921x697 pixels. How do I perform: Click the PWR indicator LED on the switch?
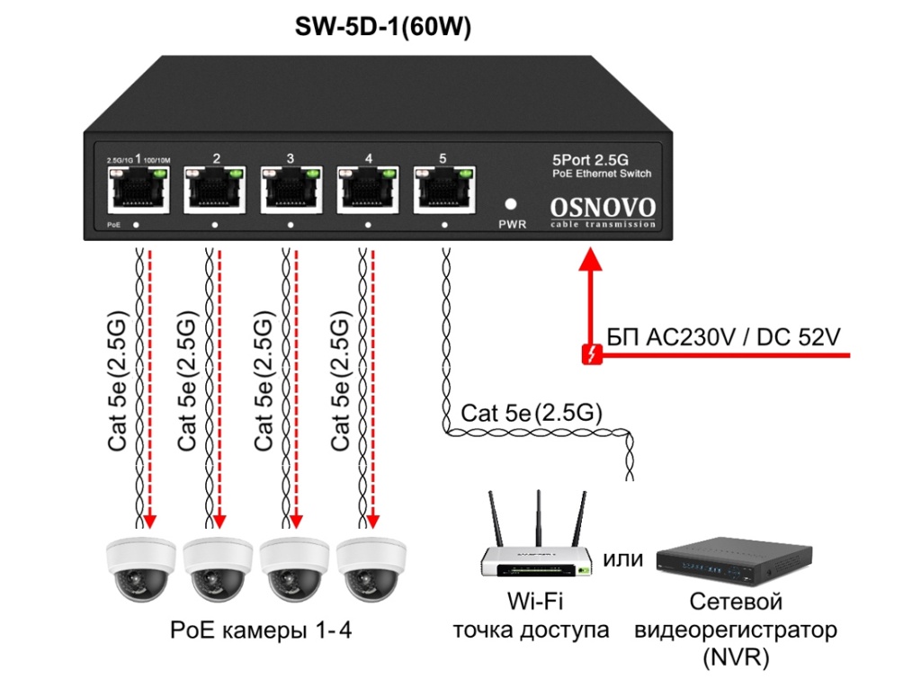[512, 204]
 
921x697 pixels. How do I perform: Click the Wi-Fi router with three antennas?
[537, 544]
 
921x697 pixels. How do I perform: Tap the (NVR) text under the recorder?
[735, 657]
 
